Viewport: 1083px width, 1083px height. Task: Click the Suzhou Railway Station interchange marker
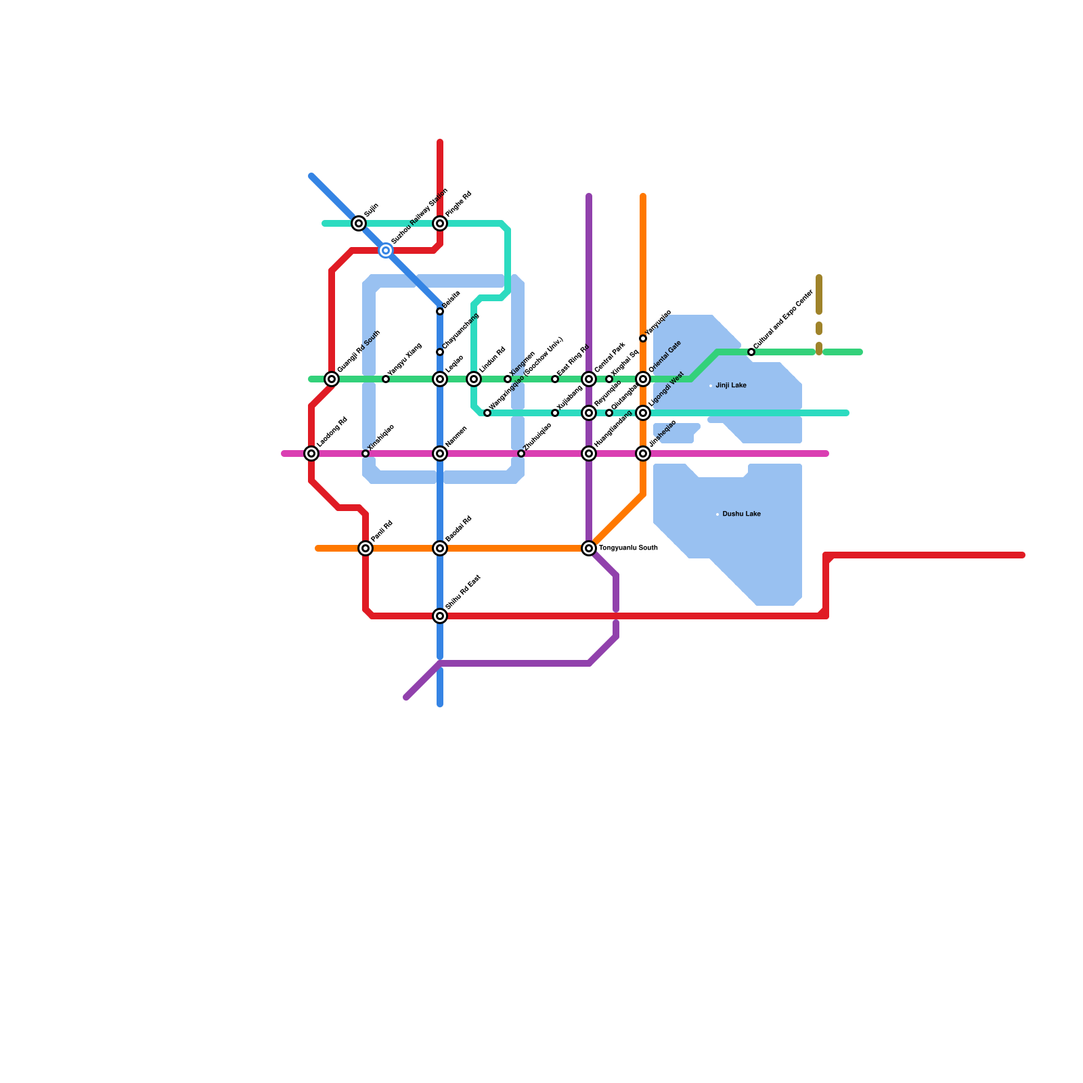pos(386,250)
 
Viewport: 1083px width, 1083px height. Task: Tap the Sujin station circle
pos(359,223)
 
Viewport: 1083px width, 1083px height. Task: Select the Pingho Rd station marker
pos(440,223)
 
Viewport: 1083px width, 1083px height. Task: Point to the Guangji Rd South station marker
pos(332,379)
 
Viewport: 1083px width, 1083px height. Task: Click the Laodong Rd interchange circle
pos(311,454)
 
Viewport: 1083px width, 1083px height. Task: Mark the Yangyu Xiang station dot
pos(386,379)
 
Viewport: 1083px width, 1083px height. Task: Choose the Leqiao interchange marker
pos(440,379)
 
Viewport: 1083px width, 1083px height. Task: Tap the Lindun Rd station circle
pos(474,379)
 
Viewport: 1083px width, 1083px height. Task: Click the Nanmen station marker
pos(440,454)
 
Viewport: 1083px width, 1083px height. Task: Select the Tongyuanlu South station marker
pos(589,548)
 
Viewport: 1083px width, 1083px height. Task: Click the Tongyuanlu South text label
pos(628,548)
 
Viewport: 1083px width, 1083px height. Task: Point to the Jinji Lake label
pos(731,386)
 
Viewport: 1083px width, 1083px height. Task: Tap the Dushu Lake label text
pos(741,514)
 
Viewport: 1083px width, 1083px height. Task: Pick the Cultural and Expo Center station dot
pos(751,352)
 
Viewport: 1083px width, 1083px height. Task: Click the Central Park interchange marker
pos(589,379)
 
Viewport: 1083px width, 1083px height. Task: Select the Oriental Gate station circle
pos(643,379)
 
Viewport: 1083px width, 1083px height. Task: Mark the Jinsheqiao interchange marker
pos(643,454)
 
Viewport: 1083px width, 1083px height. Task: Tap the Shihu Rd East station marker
pos(440,616)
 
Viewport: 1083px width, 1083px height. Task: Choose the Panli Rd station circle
pos(366,548)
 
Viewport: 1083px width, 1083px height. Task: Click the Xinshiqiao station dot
pos(366,454)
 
